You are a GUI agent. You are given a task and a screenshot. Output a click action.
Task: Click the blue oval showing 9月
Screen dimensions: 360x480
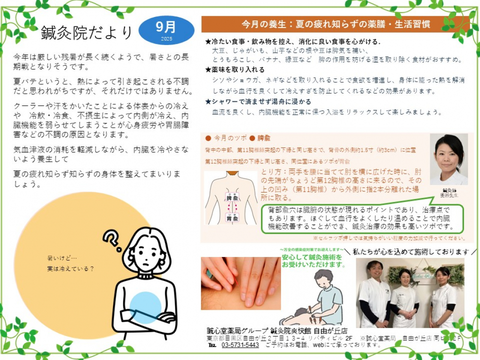pos(166,30)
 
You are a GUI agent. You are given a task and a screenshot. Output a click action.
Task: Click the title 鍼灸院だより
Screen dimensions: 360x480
pos(86,32)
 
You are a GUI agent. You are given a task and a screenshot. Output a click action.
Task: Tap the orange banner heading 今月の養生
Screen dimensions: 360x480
pos(336,24)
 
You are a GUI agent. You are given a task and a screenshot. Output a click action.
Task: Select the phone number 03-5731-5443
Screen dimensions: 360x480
pos(240,345)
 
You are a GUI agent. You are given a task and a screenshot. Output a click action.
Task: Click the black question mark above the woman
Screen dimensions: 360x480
pos(113,240)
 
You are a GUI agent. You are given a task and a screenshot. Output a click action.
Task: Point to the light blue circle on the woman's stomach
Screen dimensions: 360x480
pos(145,307)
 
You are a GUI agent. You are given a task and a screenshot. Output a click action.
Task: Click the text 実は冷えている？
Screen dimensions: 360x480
pos(71,269)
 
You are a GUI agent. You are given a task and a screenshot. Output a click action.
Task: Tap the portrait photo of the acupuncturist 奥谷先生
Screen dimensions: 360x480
pos(449,159)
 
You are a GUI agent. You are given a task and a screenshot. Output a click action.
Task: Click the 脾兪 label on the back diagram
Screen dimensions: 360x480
pos(232,198)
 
